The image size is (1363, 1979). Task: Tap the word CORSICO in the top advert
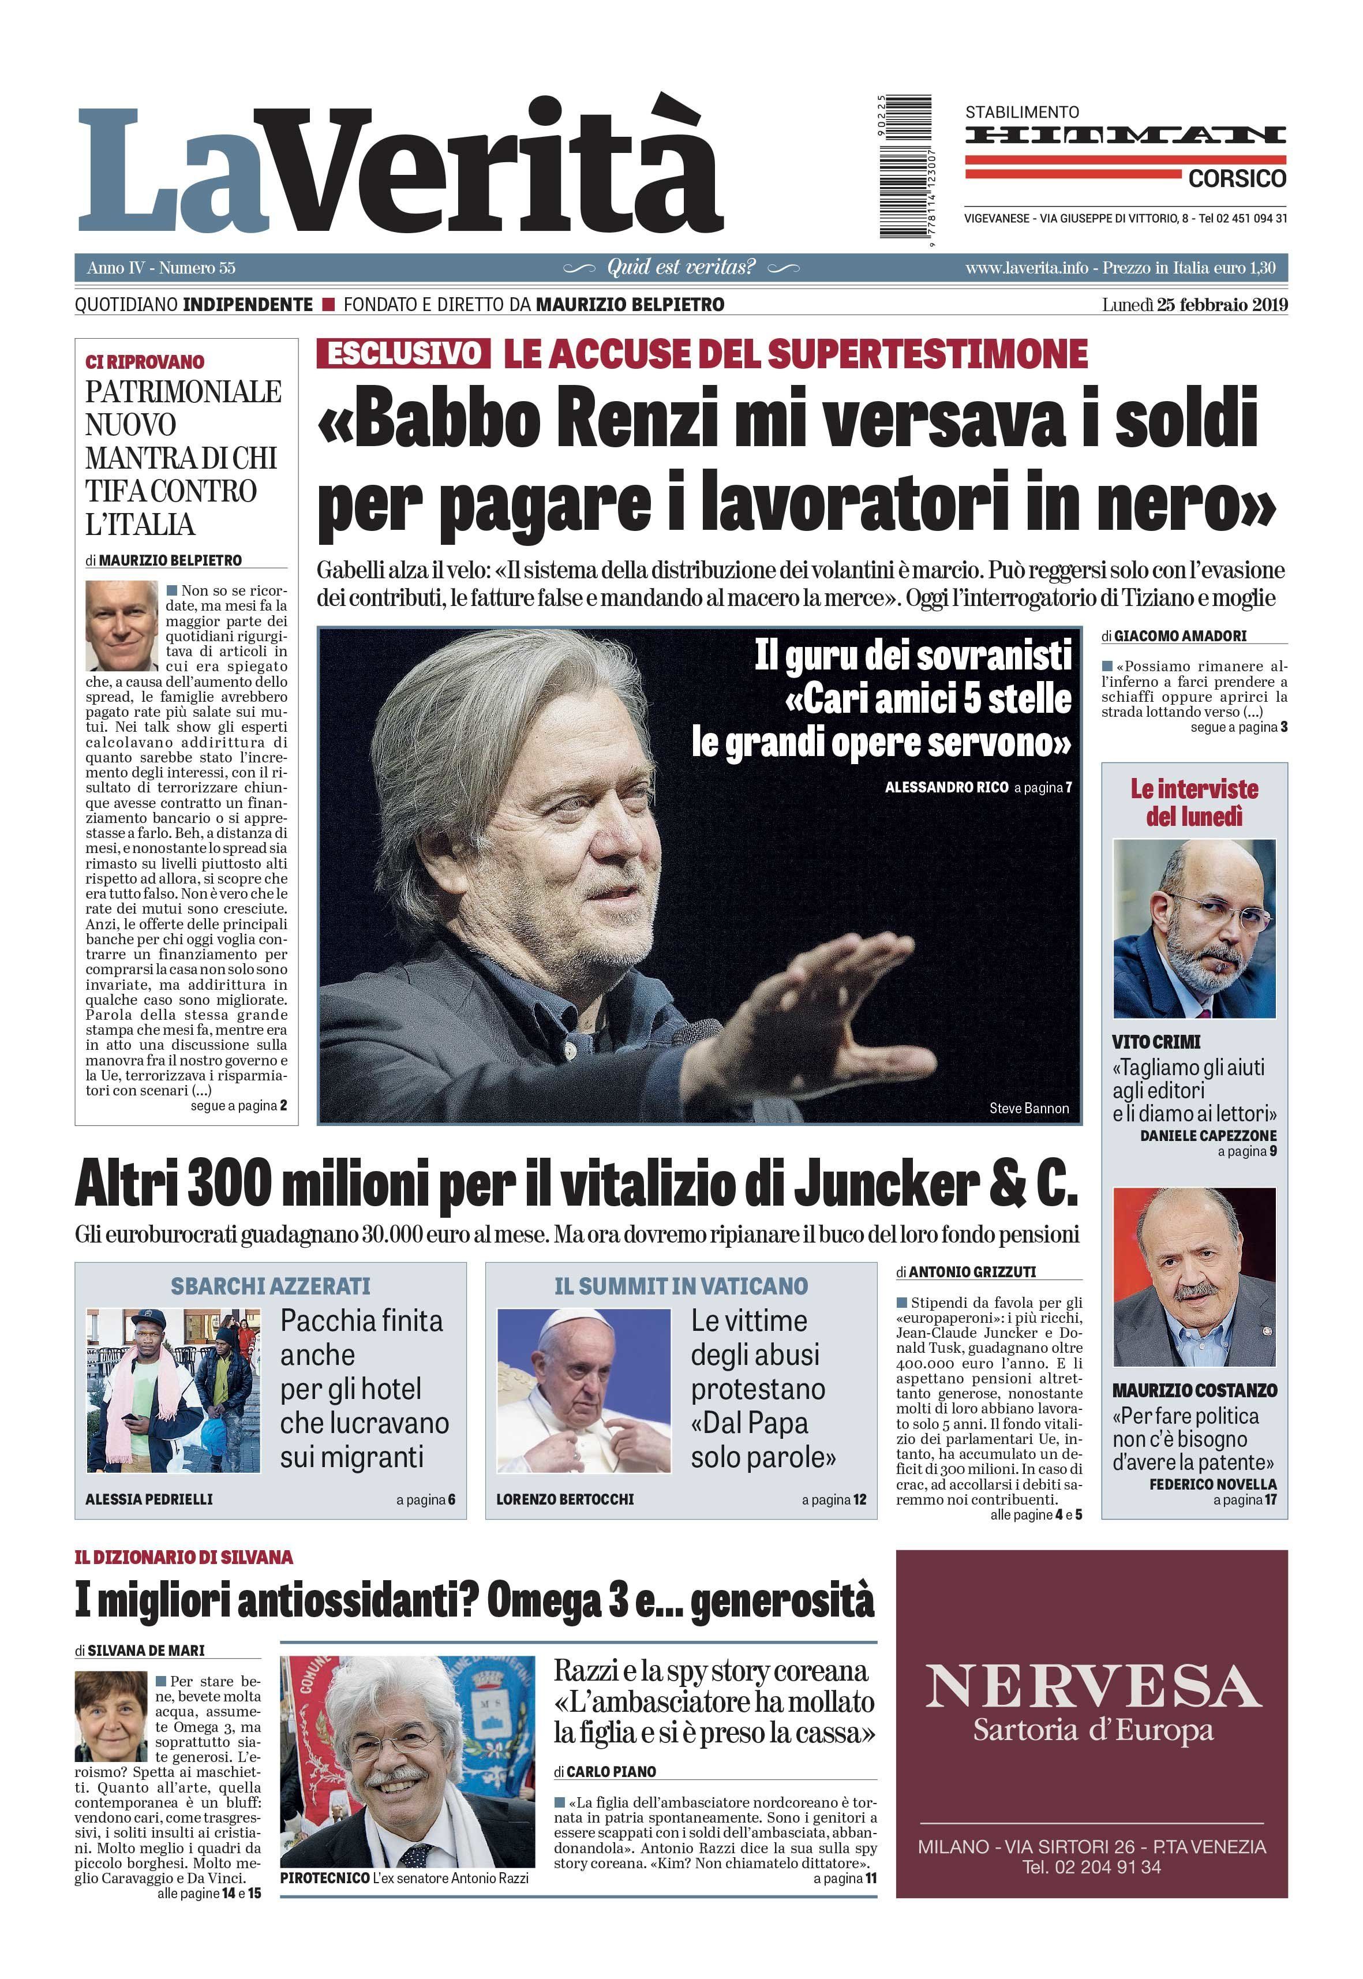click(x=1237, y=179)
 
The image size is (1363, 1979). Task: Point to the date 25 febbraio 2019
click(x=1222, y=305)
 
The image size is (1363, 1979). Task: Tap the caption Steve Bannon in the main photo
click(x=1029, y=1109)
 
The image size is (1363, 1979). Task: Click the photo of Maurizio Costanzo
click(x=1194, y=1276)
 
